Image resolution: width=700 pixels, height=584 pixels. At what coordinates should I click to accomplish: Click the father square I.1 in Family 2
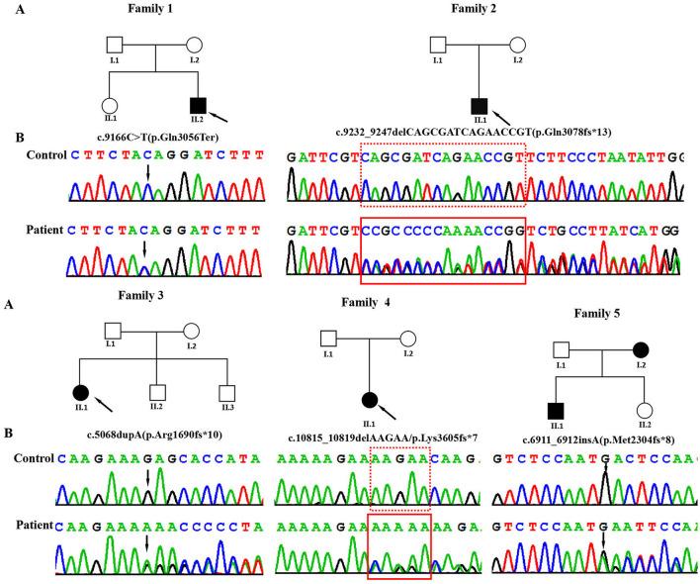click(x=438, y=46)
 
